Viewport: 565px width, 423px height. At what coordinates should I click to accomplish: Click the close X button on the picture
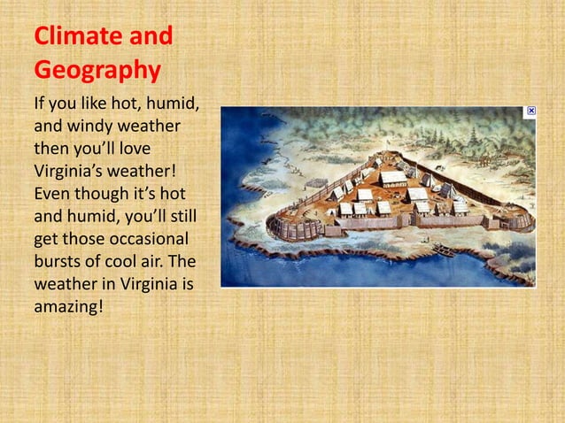pyautogui.click(x=530, y=112)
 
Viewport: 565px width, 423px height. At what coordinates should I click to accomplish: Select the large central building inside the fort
pyautogui.click(x=393, y=178)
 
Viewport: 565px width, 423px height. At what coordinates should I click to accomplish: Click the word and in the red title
pyautogui.click(x=151, y=38)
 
